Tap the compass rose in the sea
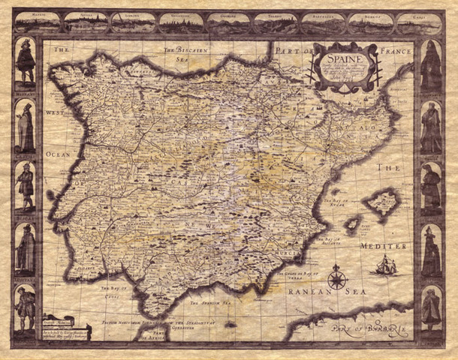337,279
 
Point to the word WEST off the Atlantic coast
55,113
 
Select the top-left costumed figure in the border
26,64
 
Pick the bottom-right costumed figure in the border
431,307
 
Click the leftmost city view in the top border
37,22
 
